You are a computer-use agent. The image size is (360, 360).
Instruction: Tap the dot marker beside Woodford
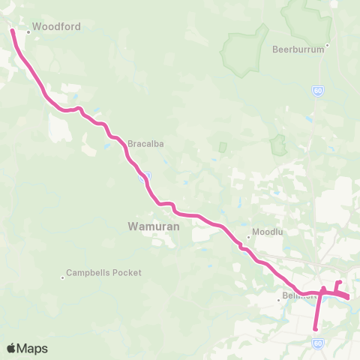[28, 32]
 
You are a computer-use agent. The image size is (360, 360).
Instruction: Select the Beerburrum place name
[298, 49]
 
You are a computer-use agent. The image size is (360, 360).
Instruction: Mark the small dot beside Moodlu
[248, 239]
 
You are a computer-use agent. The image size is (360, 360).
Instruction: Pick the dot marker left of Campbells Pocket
[62, 278]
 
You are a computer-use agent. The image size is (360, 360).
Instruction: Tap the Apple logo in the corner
[11, 348]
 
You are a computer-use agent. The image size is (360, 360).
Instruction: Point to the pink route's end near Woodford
[12, 31]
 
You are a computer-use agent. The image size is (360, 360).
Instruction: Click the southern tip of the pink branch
[316, 328]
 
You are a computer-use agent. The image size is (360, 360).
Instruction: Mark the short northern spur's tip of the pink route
[340, 282]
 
